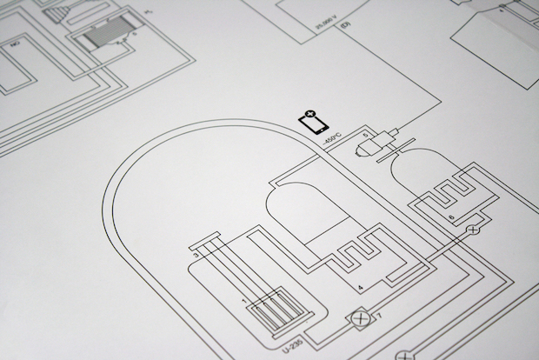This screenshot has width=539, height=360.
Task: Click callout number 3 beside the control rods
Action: pos(196,255)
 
